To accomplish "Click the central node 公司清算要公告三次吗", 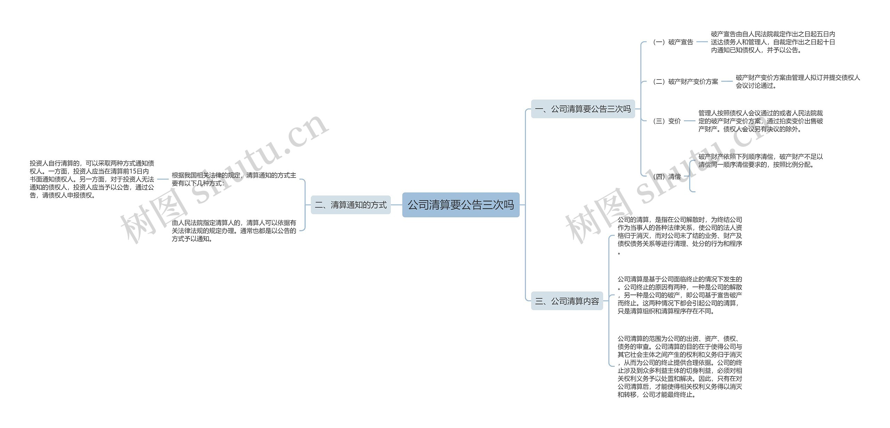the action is pyautogui.click(x=461, y=205).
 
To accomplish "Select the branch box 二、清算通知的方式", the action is pyautogui.click(x=350, y=205).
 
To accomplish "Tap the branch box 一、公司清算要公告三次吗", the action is pyautogui.click(x=583, y=109).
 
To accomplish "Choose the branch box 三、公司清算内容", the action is pyautogui.click(x=567, y=301).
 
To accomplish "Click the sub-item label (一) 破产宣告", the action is pyautogui.click(x=673, y=42).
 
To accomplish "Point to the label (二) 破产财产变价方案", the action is pyautogui.click(x=686, y=82).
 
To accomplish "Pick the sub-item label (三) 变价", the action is pyautogui.click(x=667, y=121).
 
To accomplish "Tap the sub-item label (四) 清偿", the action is pyautogui.click(x=667, y=177).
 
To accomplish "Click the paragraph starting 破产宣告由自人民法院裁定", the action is pyautogui.click(x=772, y=42).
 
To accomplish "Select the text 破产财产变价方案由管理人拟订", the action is pyautogui.click(x=798, y=81).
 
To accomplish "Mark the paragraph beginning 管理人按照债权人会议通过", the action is pyautogui.click(x=760, y=121).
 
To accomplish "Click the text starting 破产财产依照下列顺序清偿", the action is pyautogui.click(x=760, y=161).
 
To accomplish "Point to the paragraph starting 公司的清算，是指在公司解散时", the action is pyautogui.click(x=680, y=235).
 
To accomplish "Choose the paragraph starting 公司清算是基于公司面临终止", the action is pyautogui.click(x=680, y=295).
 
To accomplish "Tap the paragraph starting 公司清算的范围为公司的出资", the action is pyautogui.click(x=680, y=366).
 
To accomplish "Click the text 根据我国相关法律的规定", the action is pyautogui.click(x=234, y=179).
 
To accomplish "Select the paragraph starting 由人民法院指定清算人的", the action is pyautogui.click(x=234, y=231).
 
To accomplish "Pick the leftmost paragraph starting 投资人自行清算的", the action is pyautogui.click(x=92, y=179).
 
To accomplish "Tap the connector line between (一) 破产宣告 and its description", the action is pyautogui.click(x=702, y=42).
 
